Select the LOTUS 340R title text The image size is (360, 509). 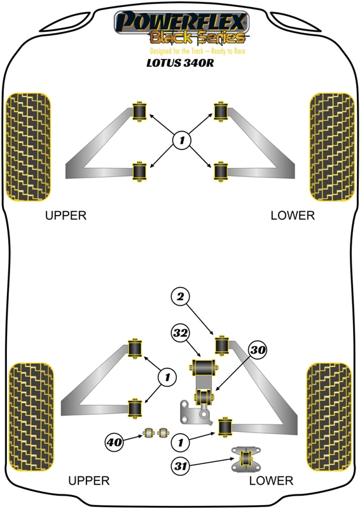pos(180,64)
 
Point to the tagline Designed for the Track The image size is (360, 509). pos(197,51)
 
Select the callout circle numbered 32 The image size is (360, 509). pos(181,333)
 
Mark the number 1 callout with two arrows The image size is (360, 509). pos(167,378)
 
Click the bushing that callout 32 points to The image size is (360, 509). pos(204,368)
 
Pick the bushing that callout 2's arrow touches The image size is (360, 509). pos(223,344)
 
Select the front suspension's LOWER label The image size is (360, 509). pos(292,215)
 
